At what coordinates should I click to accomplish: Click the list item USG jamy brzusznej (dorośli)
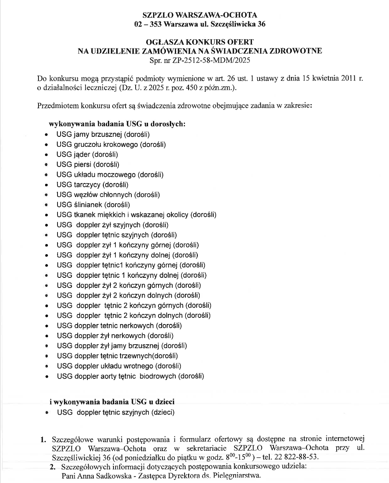point(103,134)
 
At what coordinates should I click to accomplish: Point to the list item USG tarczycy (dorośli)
point(92,185)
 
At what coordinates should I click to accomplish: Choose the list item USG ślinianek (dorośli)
point(93,205)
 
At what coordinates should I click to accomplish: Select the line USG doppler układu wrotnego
point(119,366)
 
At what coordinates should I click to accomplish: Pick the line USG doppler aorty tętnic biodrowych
point(130,376)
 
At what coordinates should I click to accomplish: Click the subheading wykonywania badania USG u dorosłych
point(117,124)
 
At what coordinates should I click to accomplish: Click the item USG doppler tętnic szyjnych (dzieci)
point(115,412)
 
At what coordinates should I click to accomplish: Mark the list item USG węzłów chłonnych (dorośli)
point(108,195)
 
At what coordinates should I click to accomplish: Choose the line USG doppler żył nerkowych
point(115,335)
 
